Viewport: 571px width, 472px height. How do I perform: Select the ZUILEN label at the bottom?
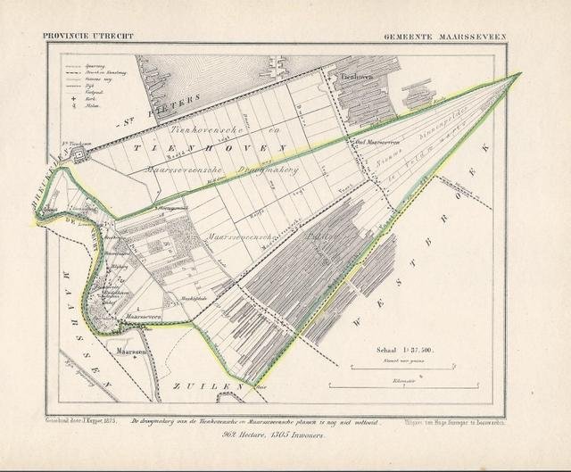click(x=214, y=387)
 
